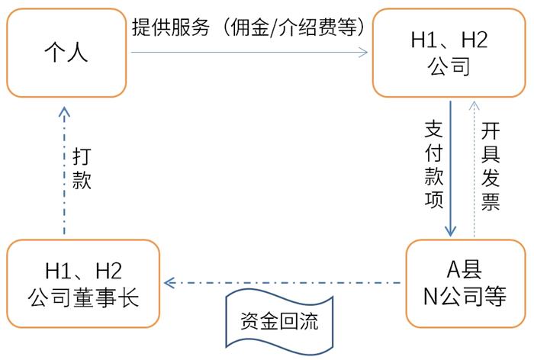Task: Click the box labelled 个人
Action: coord(66,53)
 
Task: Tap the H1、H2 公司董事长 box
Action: coord(84,284)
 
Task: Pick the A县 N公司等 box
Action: coord(465,284)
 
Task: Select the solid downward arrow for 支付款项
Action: coord(450,168)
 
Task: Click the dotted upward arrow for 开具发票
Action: coord(474,168)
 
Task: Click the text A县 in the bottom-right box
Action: coord(465,271)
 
